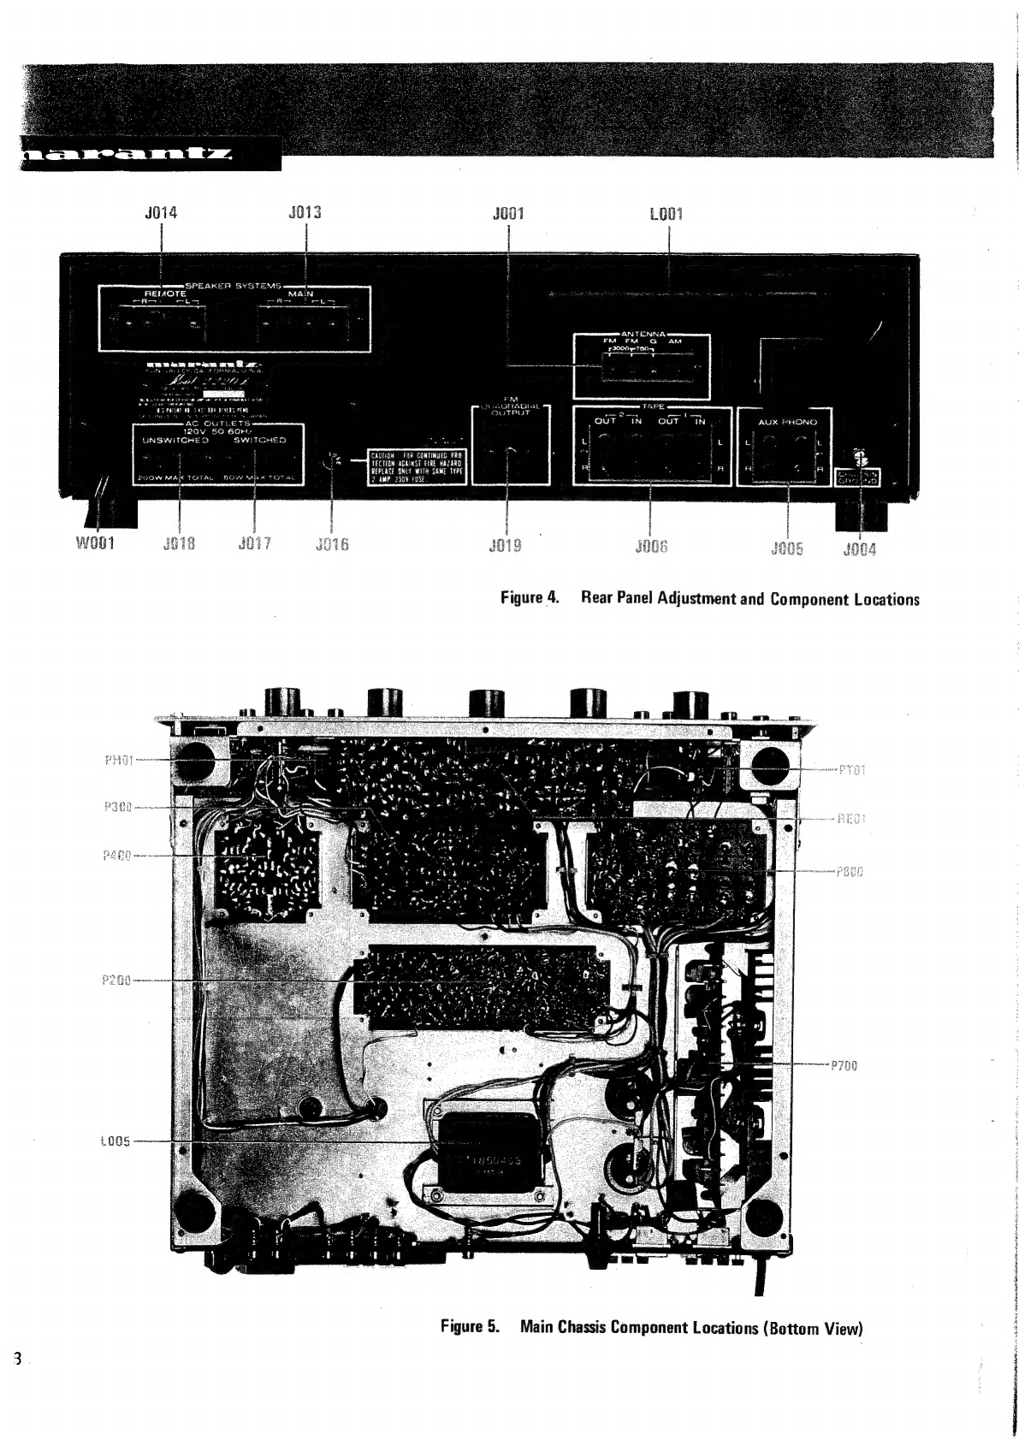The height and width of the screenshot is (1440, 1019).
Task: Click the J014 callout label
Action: (x=161, y=212)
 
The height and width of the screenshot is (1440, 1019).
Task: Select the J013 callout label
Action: (x=305, y=212)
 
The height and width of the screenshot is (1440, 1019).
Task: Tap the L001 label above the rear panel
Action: (x=666, y=212)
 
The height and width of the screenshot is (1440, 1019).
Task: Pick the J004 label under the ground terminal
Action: (x=859, y=549)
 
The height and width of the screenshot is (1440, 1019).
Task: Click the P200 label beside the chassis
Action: (x=116, y=981)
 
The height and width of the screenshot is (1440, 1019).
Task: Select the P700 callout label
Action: (x=843, y=1065)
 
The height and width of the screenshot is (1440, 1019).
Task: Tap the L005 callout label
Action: (x=116, y=1141)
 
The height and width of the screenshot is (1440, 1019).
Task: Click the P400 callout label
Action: (x=116, y=855)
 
